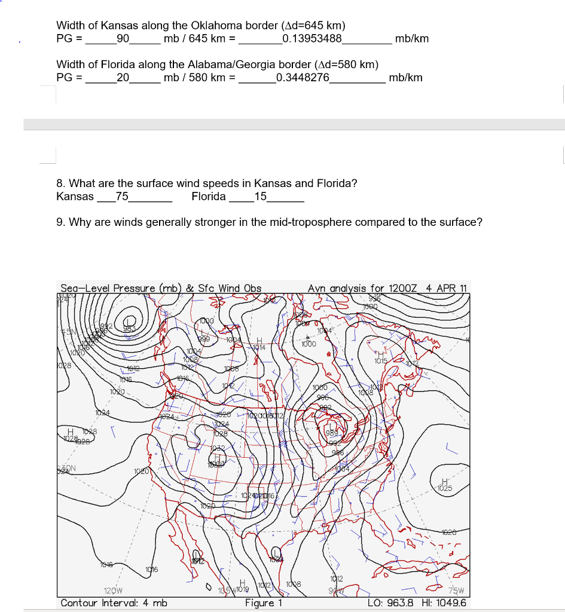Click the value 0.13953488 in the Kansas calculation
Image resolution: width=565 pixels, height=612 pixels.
[x=311, y=39]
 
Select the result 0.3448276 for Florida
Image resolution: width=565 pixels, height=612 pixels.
[x=303, y=78]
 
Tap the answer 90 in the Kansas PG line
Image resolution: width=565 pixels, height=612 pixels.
[x=123, y=39]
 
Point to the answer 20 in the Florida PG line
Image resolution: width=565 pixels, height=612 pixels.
[x=123, y=78]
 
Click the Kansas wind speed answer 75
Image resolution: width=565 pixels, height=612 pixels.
[x=122, y=197]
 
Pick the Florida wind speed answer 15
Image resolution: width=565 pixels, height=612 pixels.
[x=261, y=197]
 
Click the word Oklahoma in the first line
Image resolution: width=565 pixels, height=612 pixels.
[x=217, y=26]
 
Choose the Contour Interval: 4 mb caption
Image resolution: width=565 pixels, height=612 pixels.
[x=114, y=602]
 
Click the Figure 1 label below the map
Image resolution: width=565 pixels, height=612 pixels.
[x=264, y=602]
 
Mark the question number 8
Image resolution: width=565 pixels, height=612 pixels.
[x=60, y=183]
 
